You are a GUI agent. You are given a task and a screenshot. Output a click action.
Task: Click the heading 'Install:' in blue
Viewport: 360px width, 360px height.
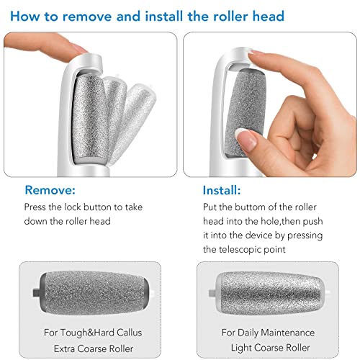point(223,191)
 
